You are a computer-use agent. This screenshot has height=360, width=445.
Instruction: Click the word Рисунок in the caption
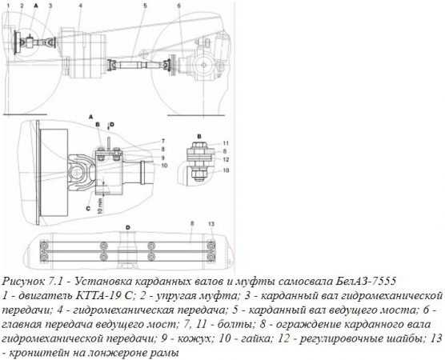coord(23,282)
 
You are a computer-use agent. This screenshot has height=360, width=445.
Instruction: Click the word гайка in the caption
coord(255,338)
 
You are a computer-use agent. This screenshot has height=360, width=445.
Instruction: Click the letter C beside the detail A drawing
coord(88,209)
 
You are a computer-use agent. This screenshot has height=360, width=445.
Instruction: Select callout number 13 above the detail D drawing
coord(211,224)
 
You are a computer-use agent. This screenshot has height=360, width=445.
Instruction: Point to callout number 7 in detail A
coord(163,141)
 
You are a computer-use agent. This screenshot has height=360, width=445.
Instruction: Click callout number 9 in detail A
coord(163,157)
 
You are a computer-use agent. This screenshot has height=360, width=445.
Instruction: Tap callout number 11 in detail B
coord(226,143)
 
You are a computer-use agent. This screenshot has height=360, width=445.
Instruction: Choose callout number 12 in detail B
coord(226,159)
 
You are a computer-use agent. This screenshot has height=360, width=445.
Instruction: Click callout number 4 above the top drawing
coord(81,6)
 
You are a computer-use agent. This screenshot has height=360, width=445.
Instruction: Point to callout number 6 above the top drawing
coord(178,6)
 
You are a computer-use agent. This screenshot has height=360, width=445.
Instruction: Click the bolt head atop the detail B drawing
coord(199,145)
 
